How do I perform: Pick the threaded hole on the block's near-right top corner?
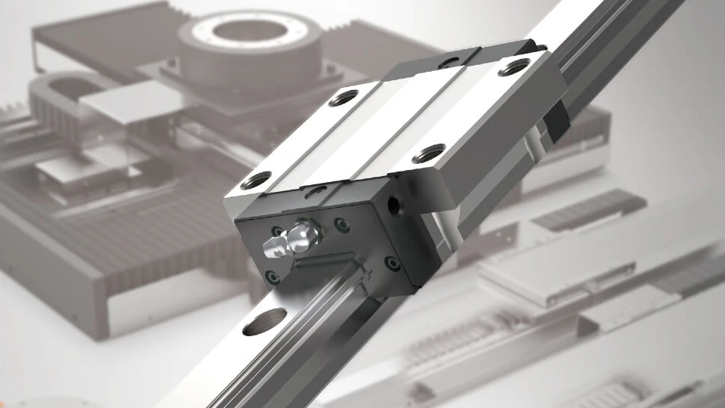click(x=428, y=154)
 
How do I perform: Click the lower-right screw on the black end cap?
click(x=392, y=263)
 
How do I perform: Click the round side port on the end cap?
click(x=392, y=204)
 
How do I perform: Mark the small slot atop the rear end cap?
click(x=451, y=63)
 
